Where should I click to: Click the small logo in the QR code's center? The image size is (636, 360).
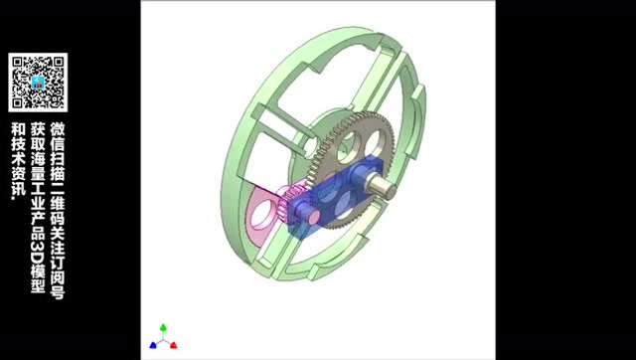click(38, 83)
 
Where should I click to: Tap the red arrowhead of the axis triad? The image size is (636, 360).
click(173, 345)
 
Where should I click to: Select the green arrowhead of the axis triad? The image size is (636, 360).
click(163, 327)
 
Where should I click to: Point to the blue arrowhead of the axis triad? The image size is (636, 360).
click(153, 345)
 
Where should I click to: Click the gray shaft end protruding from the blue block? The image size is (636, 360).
click(381, 186)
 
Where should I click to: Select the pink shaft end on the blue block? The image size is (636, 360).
click(309, 214)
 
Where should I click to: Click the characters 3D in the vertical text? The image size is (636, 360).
click(37, 252)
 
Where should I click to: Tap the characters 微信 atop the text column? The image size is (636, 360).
click(58, 136)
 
